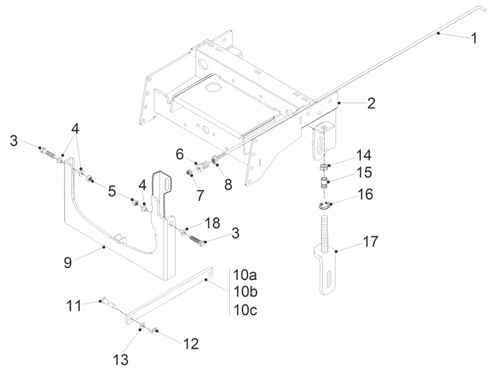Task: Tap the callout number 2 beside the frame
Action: [371, 103]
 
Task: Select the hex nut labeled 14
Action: [324, 167]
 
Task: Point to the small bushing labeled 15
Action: [324, 182]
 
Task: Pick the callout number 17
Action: [371, 243]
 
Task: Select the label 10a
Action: [245, 275]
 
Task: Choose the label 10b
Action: [245, 292]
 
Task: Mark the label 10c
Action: [245, 310]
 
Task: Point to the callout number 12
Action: [191, 344]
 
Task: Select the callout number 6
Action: [180, 155]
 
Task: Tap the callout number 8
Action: [228, 185]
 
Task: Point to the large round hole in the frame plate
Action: [212, 88]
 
